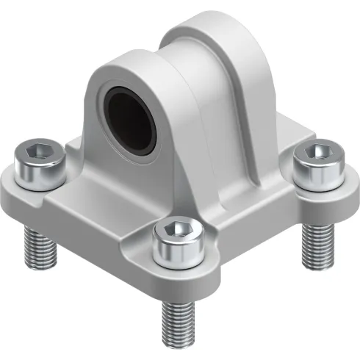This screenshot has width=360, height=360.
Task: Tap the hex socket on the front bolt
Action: (176, 229)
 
